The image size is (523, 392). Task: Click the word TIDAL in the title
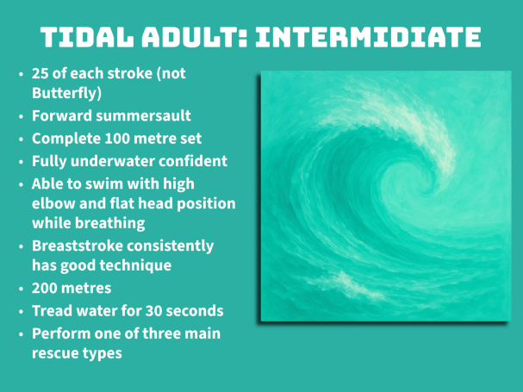pyautogui.click(x=87, y=37)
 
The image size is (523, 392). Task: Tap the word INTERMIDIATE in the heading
pyautogui.click(x=368, y=37)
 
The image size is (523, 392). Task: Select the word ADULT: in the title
pyautogui.click(x=195, y=37)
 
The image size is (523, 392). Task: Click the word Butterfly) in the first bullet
pyautogui.click(x=66, y=93)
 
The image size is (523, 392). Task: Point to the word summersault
pyautogui.click(x=143, y=115)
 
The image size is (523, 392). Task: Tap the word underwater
pyautogui.click(x=112, y=161)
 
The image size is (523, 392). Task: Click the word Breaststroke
pyautogui.click(x=78, y=246)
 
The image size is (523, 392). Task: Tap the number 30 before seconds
pyautogui.click(x=153, y=311)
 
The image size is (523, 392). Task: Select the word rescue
pyautogui.click(x=55, y=353)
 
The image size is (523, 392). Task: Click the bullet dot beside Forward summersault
pyautogui.click(x=22, y=116)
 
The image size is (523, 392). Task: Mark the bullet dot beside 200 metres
pyautogui.click(x=22, y=289)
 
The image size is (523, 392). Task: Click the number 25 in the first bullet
pyautogui.click(x=40, y=74)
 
